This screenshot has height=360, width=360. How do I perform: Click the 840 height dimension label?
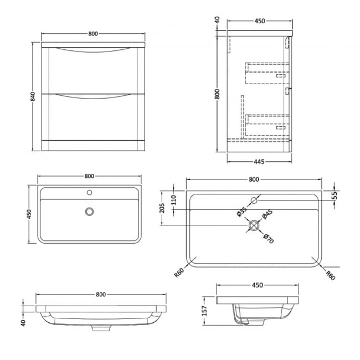(33, 96)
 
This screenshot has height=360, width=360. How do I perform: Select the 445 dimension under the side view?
(259, 162)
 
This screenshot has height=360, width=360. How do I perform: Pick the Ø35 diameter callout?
(241, 212)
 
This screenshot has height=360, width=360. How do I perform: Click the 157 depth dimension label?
(204, 312)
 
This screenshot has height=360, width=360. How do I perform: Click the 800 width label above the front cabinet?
(93, 34)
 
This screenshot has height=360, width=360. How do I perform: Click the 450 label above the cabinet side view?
(259, 20)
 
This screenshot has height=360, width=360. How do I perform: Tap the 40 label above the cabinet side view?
(218, 20)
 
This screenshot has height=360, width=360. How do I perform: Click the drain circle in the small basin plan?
(89, 211)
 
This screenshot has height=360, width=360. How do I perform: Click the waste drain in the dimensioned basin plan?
(254, 225)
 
